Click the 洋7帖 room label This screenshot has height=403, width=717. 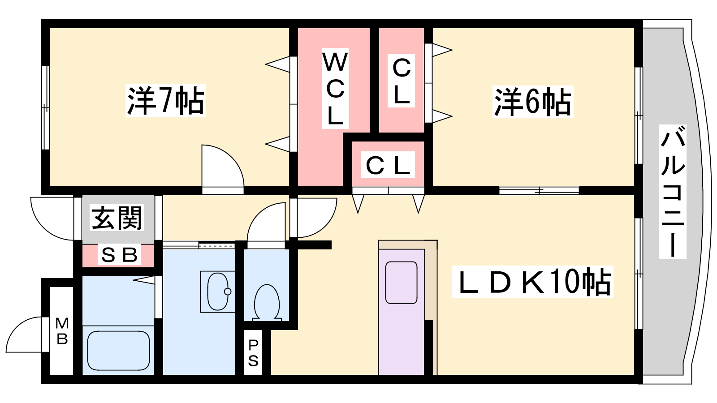(166, 100)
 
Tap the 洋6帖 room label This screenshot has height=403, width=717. (533, 102)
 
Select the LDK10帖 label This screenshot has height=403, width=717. (532, 282)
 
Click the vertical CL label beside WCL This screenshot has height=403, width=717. (402, 81)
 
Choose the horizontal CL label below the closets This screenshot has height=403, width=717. (388, 165)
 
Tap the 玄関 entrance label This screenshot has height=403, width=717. (117, 218)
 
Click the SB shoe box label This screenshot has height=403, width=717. (119, 255)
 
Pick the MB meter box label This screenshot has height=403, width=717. (62, 331)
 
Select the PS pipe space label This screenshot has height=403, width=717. (253, 352)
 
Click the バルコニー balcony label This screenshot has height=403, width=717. (673, 193)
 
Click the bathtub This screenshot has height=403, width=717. (118, 350)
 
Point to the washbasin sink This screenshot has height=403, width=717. (218, 291)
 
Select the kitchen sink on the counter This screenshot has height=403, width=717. (401, 283)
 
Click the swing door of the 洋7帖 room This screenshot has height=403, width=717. (222, 168)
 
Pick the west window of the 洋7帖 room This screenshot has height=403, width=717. (45, 107)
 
